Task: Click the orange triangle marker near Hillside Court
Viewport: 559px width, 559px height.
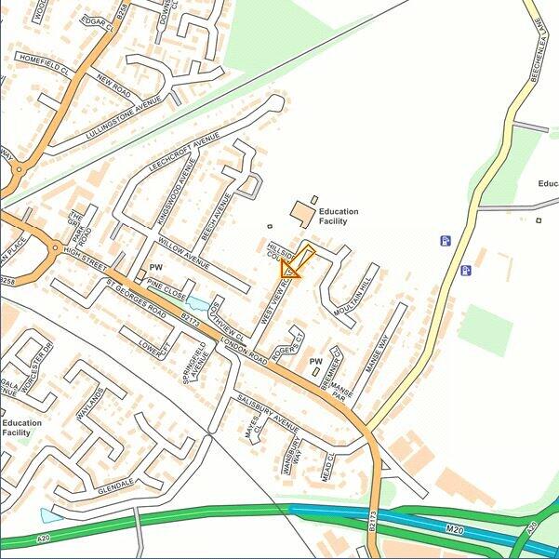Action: [290, 269]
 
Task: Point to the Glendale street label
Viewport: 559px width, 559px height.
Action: [116, 486]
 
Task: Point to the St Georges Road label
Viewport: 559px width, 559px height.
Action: [136, 299]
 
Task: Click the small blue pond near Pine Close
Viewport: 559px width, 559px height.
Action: [195, 302]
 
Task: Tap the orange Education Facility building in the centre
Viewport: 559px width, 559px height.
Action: [302, 215]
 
